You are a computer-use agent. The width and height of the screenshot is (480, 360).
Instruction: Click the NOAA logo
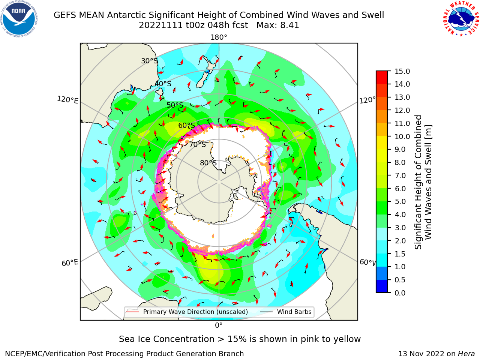19,19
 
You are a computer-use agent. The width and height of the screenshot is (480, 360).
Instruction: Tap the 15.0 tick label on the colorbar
402,72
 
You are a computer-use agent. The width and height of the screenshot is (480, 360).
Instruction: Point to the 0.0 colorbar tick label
400,293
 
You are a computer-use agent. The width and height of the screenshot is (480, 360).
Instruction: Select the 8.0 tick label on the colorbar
400,163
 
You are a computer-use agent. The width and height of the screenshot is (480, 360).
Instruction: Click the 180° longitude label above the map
219,37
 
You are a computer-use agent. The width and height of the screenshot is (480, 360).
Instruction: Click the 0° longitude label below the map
219,325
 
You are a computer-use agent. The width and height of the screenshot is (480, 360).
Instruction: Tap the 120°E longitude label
67,100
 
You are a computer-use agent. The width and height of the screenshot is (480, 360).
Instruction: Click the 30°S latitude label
149,61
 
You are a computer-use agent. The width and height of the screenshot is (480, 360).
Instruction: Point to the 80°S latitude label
208,163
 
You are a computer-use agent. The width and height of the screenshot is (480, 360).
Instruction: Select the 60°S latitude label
186,126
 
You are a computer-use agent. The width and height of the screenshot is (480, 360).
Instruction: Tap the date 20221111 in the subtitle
161,25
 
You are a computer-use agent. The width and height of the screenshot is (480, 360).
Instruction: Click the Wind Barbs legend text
294,312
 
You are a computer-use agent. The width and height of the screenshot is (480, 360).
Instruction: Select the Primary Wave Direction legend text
195,312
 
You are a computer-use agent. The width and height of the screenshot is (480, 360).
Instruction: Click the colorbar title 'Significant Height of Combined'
418,182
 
